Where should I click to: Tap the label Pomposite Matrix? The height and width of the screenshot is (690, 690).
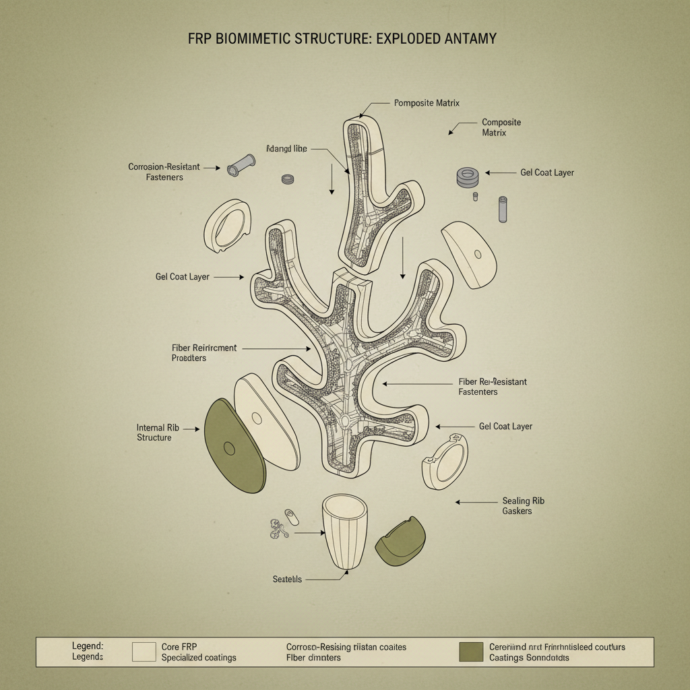pyautogui.click(x=427, y=103)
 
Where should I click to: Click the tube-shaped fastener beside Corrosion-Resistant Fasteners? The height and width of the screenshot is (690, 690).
pyautogui.click(x=241, y=165)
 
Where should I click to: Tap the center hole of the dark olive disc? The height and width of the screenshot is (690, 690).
pyautogui.click(x=228, y=448)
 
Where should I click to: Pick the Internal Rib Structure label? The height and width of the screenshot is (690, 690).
pyautogui.click(x=154, y=433)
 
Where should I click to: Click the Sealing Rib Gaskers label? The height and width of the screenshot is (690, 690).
pyautogui.click(x=523, y=506)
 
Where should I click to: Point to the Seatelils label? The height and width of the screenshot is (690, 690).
pyautogui.click(x=287, y=579)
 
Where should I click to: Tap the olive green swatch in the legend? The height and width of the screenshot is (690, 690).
pyautogui.click(x=470, y=652)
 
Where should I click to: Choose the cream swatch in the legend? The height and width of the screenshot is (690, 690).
pyautogui.click(x=144, y=652)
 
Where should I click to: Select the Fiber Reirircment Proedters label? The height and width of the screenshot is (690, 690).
pyautogui.click(x=204, y=352)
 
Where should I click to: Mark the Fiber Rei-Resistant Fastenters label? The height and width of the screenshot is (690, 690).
pyautogui.click(x=492, y=387)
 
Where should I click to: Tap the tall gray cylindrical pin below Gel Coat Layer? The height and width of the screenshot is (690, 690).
pyautogui.click(x=502, y=209)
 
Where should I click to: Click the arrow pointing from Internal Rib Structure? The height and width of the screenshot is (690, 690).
pyautogui.click(x=191, y=429)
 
